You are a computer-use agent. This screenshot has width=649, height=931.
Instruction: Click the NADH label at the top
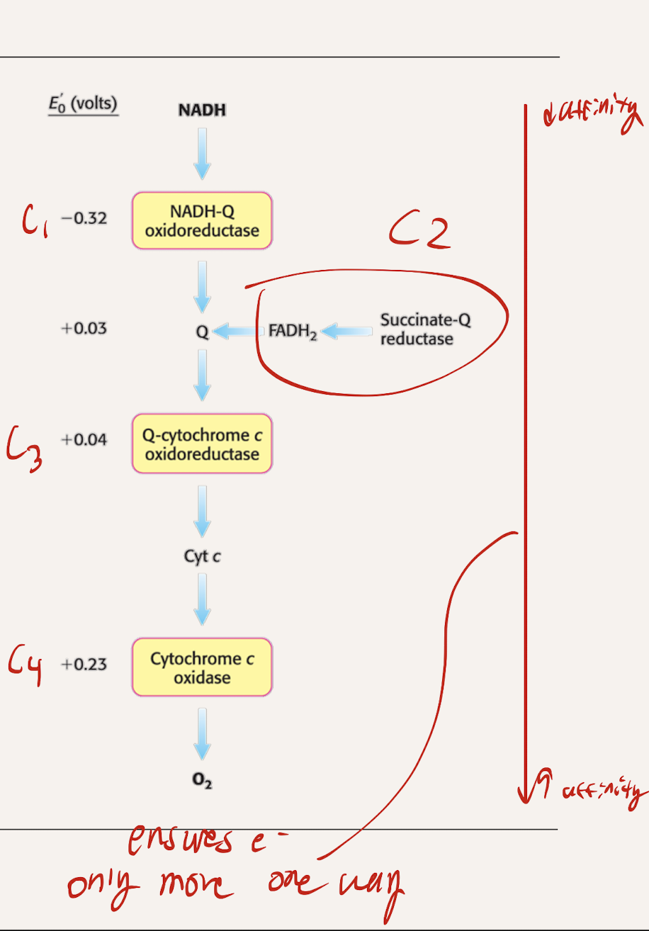pyautogui.click(x=202, y=111)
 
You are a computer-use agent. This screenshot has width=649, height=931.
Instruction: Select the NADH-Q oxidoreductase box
pyautogui.click(x=202, y=220)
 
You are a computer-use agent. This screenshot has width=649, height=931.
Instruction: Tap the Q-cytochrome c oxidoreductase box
pyautogui.click(x=202, y=444)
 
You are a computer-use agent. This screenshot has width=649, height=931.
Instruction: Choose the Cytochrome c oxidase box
pyautogui.click(x=202, y=667)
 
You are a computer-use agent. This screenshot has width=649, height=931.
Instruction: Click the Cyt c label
pyautogui.click(x=202, y=556)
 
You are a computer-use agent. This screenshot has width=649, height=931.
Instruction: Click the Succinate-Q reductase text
pyautogui.click(x=425, y=329)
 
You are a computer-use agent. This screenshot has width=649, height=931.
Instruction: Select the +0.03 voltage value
pyautogui.click(x=84, y=329)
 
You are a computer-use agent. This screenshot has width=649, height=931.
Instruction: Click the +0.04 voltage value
pyautogui.click(x=84, y=440)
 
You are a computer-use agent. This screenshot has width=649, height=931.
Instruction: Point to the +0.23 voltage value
pyautogui.click(x=84, y=664)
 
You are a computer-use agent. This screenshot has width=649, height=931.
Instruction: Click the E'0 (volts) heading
pyautogui.click(x=83, y=103)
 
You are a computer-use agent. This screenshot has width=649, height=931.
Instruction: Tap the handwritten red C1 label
pyautogui.click(x=33, y=220)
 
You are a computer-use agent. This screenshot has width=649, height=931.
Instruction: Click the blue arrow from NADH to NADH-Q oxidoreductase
pyautogui.click(x=202, y=153)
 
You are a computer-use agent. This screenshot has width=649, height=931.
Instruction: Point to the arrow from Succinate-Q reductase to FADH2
pyautogui.click(x=346, y=331)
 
